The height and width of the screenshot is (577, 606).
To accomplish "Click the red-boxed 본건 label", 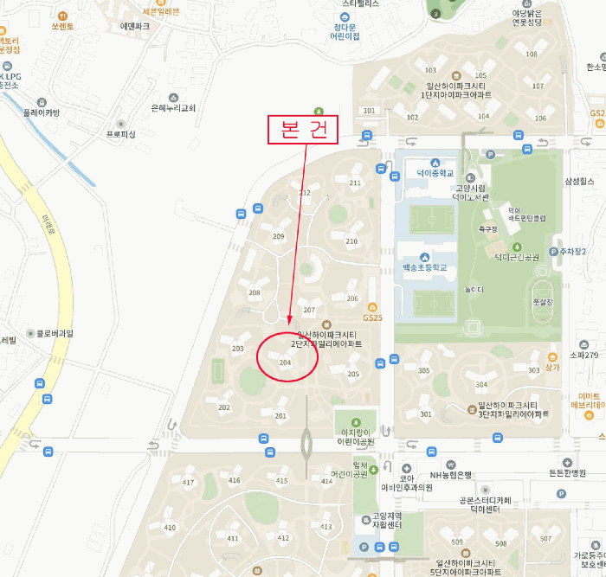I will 303,130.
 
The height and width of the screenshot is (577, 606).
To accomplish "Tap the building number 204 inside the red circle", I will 286,363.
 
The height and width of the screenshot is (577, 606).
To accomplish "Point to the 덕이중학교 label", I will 429,173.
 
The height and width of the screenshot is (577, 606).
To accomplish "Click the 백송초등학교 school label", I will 424,268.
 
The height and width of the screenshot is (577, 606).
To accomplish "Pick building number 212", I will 305,192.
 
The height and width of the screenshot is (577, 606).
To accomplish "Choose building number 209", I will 279,236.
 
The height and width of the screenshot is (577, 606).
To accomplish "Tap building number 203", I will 239,349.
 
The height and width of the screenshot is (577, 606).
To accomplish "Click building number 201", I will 280,416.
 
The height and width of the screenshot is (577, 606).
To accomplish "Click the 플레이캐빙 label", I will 42,112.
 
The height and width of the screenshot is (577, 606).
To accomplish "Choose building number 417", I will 189,480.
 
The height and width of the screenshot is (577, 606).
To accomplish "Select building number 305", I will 423,371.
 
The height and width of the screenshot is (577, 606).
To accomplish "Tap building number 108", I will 531,54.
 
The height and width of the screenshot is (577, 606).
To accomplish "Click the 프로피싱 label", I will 121,134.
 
